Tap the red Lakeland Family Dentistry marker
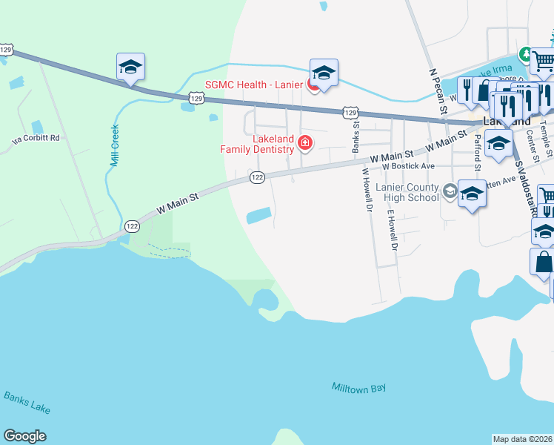pos(304,142)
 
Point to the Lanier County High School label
pos(407,193)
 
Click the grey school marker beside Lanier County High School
pos(449,192)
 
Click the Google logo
pos(24,436)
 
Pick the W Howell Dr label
pos(366,191)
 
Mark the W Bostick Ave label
pos(410,167)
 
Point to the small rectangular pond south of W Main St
pos(258,216)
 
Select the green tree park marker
pos(526,54)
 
